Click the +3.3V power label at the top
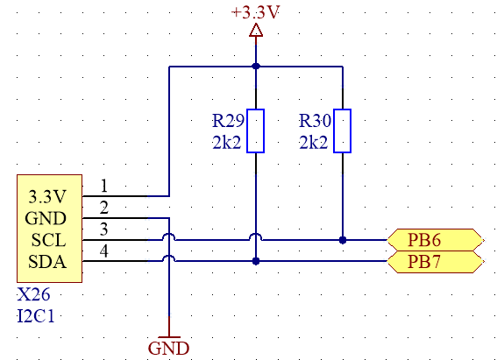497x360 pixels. [255, 12]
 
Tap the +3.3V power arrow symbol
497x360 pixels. [256, 30]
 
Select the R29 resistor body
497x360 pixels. [255, 131]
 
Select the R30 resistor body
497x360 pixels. [343, 131]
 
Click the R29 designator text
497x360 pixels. [228, 121]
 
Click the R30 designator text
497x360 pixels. [315, 121]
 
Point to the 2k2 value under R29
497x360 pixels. [227, 143]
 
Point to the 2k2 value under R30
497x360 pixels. [314, 143]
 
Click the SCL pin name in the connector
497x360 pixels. [48, 240]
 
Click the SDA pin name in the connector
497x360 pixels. [47, 262]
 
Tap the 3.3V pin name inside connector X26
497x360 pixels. [47, 196]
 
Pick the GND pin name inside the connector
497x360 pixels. [46, 218]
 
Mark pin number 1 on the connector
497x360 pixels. [104, 186]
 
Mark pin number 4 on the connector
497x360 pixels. [104, 251]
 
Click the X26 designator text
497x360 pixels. [33, 294]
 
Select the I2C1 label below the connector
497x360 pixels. [35, 316]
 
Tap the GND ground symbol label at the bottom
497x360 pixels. [168, 349]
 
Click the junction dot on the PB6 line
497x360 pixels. [343, 240]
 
